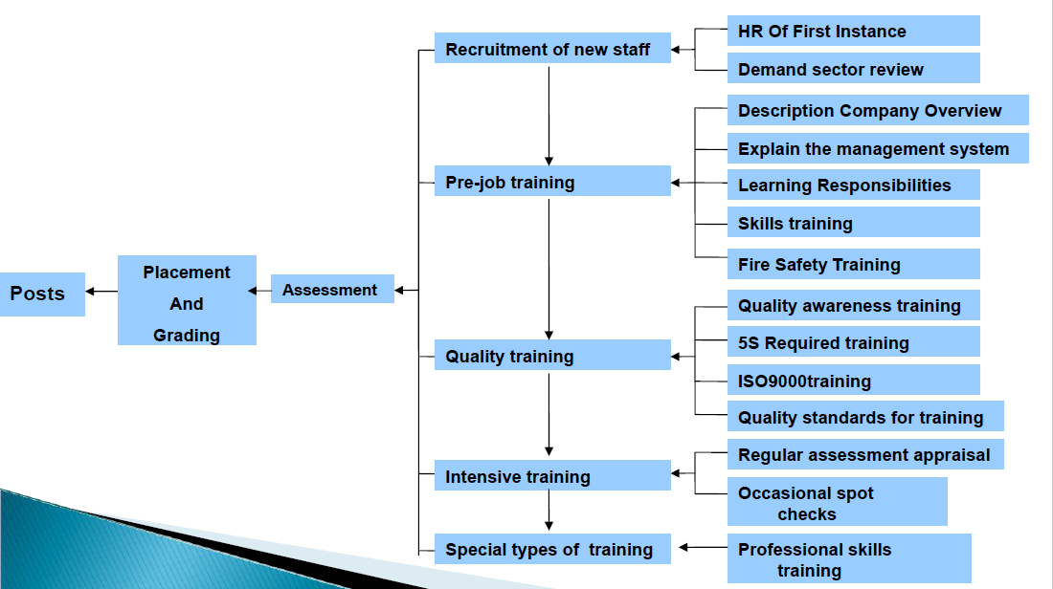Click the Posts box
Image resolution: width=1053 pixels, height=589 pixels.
tap(42, 294)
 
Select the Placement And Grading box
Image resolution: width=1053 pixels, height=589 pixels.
tap(187, 300)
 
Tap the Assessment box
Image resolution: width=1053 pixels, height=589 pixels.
tap(332, 289)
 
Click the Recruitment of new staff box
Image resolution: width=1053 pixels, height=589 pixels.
tap(552, 48)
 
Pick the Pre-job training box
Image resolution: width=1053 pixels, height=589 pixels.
tap(552, 181)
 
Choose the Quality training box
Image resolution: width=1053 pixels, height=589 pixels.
tap(552, 354)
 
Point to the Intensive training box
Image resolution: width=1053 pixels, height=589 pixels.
tap(552, 475)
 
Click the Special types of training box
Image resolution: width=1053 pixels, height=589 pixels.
tap(552, 549)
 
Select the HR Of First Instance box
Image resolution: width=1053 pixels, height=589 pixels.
tap(854, 31)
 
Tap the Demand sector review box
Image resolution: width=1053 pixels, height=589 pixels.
tap(854, 69)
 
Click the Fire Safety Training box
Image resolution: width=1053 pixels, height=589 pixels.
tap(854, 264)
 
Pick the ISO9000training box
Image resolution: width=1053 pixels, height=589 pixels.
tap(854, 380)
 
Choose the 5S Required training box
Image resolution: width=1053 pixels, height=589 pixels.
tap(854, 341)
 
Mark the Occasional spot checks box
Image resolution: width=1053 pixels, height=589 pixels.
tap(838, 501)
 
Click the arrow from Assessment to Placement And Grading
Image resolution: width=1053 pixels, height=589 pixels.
tap(259, 291)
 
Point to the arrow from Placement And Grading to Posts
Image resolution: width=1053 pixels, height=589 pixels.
tap(101, 291)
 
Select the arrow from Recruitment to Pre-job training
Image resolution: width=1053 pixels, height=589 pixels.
tap(549, 116)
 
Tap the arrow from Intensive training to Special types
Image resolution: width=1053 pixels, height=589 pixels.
tap(549, 511)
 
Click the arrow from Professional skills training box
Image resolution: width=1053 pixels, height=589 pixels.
tap(704, 548)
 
